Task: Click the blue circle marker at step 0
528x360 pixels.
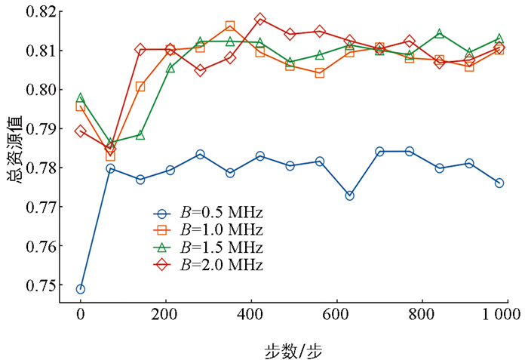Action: pyautogui.click(x=81, y=289)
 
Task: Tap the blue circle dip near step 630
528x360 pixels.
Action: pyautogui.click(x=349, y=195)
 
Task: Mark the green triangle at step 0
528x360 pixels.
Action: pyautogui.click(x=81, y=98)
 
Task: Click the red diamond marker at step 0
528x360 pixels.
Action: pyautogui.click(x=81, y=131)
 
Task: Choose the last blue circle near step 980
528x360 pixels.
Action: pyautogui.click(x=499, y=183)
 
